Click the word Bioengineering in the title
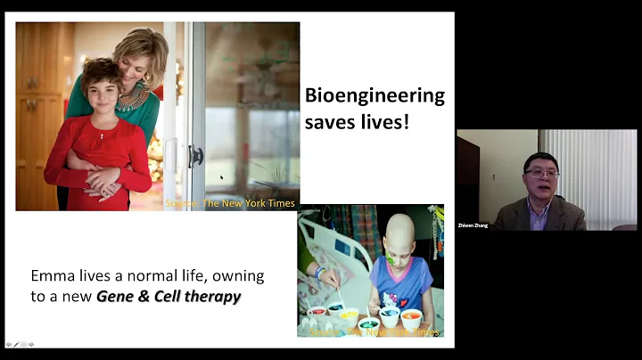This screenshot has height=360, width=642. click(x=374, y=96)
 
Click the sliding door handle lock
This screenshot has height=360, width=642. click(x=195, y=156)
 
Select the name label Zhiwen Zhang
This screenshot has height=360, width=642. click(x=472, y=225)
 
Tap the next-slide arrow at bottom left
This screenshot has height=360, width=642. click(x=30, y=344)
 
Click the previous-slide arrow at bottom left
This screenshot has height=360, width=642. click(x=9, y=344)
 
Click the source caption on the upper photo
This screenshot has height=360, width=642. click(x=230, y=203)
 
